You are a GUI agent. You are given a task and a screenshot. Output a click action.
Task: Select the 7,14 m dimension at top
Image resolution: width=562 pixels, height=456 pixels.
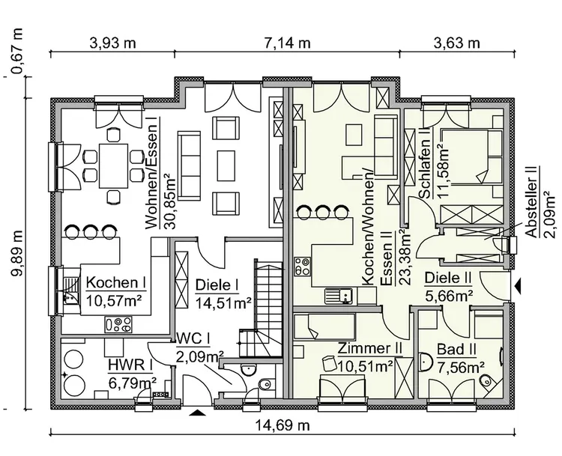click(287, 42)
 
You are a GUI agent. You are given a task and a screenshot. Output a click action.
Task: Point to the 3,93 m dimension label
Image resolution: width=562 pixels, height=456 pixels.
click(112, 42)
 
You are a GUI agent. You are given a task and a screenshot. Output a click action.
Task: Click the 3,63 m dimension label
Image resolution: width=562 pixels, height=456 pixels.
click(457, 42)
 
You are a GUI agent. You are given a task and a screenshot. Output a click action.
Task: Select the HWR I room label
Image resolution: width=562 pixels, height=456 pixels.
click(130, 365)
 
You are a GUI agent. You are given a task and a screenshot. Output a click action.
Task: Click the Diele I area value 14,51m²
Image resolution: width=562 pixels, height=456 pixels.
click(223, 303)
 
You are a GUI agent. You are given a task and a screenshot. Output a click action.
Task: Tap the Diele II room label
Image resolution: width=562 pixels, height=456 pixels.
click(448, 278)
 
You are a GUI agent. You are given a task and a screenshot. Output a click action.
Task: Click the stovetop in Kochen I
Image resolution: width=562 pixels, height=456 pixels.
click(118, 324)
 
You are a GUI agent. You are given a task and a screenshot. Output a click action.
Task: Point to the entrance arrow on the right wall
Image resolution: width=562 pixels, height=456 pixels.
click(519, 285)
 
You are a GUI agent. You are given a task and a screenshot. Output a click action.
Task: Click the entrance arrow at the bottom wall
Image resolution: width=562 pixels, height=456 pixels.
click(196, 411)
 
